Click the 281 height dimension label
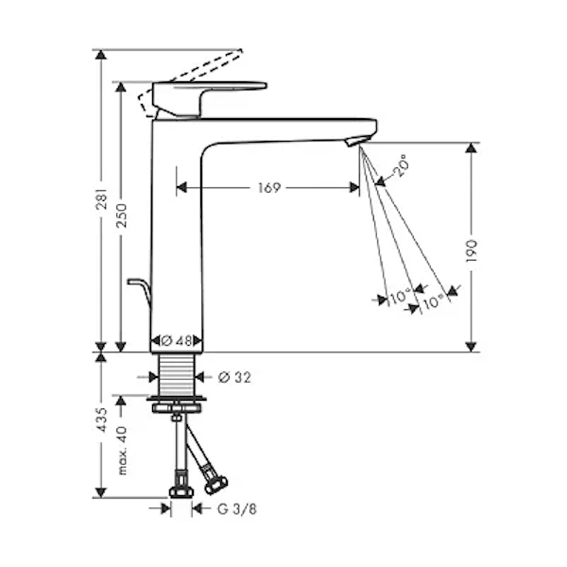tap(103, 198)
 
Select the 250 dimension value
tap(122, 215)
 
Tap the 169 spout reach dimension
tap(269, 188)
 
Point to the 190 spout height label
tap(472, 250)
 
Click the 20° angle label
tap(401, 165)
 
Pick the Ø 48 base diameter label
tap(176, 340)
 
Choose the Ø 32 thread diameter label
tap(234, 377)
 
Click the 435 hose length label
tap(103, 420)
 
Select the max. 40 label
tap(122, 451)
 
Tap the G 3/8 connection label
tap(237, 509)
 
